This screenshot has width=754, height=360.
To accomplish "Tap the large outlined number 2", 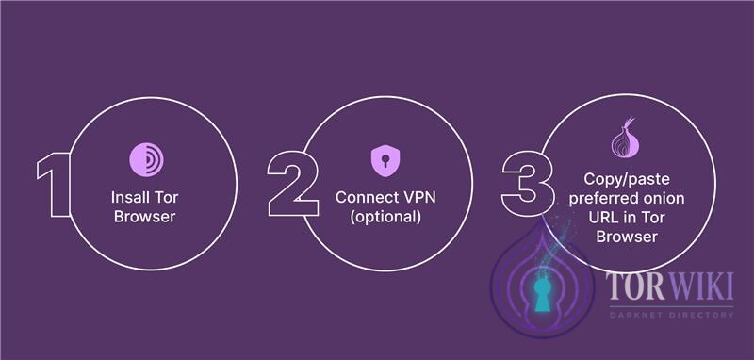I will [291, 182].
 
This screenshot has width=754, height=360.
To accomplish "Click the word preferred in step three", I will [600, 198].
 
